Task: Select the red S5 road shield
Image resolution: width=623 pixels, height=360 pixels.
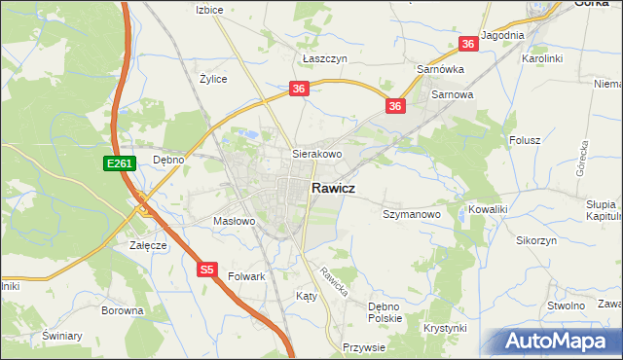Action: pos(206,270)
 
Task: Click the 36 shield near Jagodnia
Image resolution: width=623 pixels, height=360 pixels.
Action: pos(468,44)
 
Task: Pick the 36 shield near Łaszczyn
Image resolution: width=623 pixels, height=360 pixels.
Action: pos(299,89)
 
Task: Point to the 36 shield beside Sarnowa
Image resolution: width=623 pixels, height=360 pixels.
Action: pos(394,106)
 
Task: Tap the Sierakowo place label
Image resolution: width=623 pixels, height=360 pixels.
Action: pos(318,154)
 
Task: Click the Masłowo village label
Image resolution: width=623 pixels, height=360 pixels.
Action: pos(234,222)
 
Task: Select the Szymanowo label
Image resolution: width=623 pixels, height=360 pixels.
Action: pos(412,213)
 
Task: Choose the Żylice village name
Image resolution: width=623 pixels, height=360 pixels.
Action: pos(213,79)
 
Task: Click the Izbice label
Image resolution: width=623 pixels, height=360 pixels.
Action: pos(209,10)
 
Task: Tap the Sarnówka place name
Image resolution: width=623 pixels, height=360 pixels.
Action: pos(440,70)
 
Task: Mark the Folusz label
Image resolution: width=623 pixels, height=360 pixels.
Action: pos(525,140)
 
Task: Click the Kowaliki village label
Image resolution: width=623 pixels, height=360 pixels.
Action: pos(489,209)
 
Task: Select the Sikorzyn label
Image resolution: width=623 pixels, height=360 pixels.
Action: pos(536,239)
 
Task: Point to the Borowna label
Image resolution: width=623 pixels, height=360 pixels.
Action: pos(122,311)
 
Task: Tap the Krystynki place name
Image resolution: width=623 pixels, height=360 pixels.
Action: pos(445,328)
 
